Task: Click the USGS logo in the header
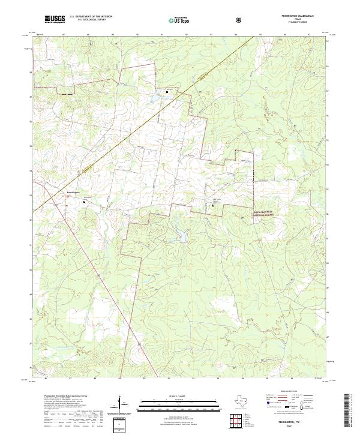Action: point(55,19)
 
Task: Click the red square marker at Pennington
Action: point(67,195)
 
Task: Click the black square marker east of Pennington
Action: point(84,202)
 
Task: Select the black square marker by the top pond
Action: point(167,92)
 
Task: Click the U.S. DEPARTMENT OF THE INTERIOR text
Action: point(90,17)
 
